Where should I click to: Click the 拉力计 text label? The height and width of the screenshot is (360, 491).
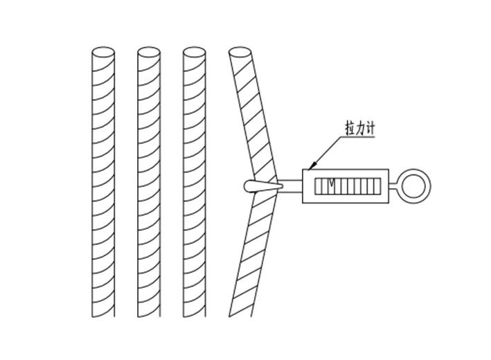(360, 129)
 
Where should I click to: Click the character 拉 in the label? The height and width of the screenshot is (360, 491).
(350, 129)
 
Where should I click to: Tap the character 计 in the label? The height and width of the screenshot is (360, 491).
(370, 129)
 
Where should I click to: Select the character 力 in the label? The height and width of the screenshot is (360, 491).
(360, 129)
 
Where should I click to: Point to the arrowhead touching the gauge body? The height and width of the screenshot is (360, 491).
(312, 167)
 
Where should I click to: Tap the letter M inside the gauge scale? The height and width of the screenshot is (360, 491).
(332, 183)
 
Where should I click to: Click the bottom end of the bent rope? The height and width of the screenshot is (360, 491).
(240, 316)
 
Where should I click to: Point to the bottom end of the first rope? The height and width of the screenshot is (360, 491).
(103, 316)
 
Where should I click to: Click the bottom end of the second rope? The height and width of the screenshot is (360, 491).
(149, 316)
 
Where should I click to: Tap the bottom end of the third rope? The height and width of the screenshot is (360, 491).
(194, 316)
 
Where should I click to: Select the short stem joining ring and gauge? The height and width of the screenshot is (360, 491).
(393, 186)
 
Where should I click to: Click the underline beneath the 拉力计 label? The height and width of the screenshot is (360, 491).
(357, 137)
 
